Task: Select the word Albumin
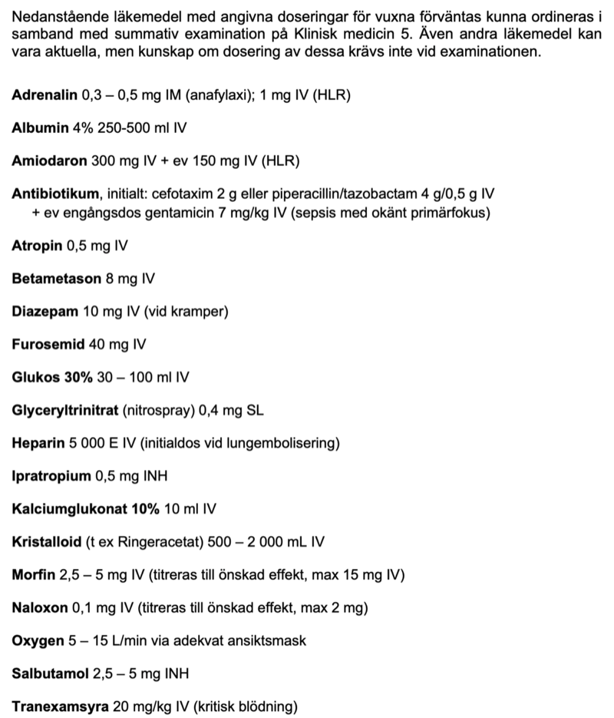tap(40, 127)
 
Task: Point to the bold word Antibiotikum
tap(55, 194)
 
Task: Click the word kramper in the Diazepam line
tap(199, 312)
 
